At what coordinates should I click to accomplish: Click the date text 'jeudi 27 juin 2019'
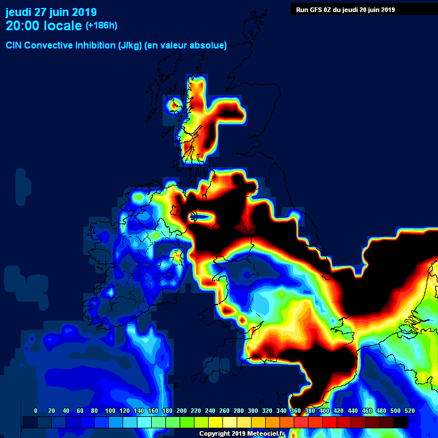pos(51,12)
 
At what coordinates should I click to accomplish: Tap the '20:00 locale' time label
pos(43,26)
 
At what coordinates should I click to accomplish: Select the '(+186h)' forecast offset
pos(102,26)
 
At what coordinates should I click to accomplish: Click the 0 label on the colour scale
pos(36,411)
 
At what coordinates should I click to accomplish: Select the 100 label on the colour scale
pos(110,411)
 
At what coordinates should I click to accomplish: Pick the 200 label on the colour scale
pos(181,411)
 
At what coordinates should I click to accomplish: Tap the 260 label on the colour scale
pos(224,411)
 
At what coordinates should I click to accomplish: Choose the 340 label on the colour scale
pos(281,411)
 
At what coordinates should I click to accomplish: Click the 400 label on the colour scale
pos(324,411)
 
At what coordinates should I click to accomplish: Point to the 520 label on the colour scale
pos(409,411)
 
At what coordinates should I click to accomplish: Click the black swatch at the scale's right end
pos(401,422)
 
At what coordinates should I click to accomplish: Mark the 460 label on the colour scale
pos(367,411)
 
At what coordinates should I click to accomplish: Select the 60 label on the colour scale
pos(80,411)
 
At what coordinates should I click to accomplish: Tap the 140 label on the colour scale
pos(139,411)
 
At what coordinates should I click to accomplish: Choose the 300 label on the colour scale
pos(253,411)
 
